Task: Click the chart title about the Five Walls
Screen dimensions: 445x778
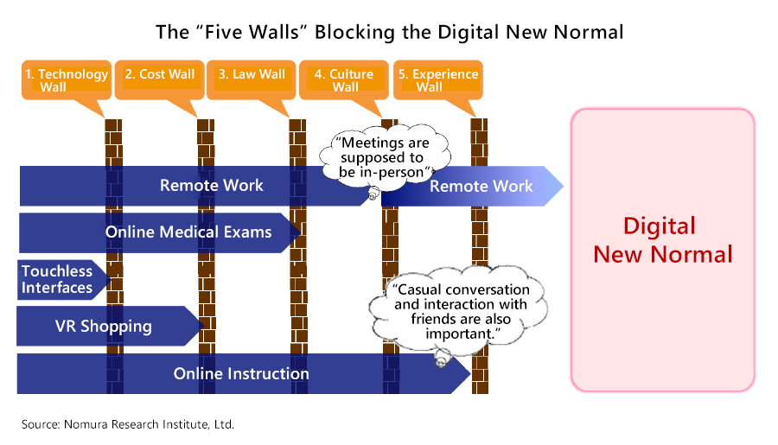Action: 389,33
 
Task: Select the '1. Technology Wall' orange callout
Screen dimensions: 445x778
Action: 67,80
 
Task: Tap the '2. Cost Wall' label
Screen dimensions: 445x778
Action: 160,75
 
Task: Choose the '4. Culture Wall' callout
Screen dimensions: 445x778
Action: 345,80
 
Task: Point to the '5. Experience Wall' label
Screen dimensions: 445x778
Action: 438,80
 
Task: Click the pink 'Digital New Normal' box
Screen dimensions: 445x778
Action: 662,249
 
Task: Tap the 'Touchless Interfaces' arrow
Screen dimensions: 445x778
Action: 59,279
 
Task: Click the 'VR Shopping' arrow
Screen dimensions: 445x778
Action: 104,326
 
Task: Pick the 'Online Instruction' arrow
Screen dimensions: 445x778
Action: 241,374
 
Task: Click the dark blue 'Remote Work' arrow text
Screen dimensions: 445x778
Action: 212,186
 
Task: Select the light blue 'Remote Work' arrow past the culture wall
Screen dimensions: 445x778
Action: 481,186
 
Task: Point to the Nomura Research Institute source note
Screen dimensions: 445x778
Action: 128,424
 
